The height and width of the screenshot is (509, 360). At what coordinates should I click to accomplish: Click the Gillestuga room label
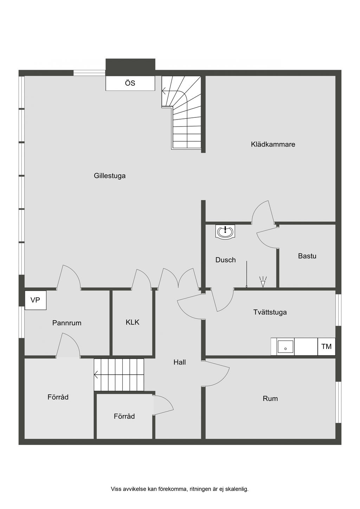point(110,176)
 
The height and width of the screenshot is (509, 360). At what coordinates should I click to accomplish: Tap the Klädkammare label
point(273,144)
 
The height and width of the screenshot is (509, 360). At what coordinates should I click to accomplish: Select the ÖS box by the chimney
point(130,83)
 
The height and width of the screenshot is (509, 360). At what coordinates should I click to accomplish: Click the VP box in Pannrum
point(36,300)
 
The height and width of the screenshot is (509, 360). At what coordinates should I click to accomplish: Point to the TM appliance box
point(326,347)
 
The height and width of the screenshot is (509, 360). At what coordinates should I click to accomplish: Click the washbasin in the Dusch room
point(225,232)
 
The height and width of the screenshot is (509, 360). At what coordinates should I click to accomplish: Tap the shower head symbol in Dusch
point(263,282)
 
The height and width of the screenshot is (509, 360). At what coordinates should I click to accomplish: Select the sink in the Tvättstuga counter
point(285,347)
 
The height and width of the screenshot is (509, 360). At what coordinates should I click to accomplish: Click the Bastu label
point(307,256)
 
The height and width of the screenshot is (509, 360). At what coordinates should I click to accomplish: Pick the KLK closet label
point(133,322)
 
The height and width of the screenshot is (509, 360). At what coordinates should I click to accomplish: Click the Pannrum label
point(67,323)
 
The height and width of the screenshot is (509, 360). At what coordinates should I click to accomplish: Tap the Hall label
point(180,362)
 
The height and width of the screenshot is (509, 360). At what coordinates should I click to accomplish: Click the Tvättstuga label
point(270,312)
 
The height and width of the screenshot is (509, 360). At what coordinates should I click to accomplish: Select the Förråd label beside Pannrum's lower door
point(58,397)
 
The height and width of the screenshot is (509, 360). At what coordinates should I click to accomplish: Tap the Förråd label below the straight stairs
point(124,416)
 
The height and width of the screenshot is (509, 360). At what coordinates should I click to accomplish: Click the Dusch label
point(225,260)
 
